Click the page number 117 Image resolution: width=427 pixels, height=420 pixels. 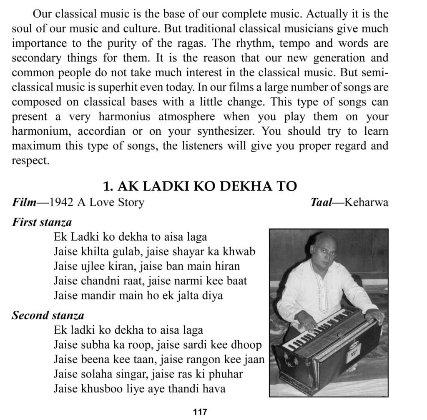coord(200,412)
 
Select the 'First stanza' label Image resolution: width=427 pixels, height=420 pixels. coord(42,222)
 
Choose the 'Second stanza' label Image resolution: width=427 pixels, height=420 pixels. coord(48,315)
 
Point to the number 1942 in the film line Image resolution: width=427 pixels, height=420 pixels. coord(60,203)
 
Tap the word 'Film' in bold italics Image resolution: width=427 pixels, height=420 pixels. coord(24,203)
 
